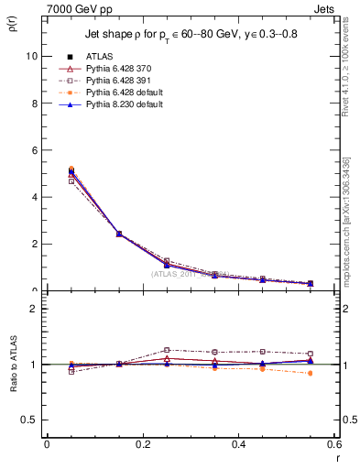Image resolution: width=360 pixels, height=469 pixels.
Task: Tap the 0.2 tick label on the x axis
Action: coord(142,443)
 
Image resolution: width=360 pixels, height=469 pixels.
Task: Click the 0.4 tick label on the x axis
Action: coord(238,443)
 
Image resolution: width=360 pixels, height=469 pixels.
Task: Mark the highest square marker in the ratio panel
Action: coord(167,350)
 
